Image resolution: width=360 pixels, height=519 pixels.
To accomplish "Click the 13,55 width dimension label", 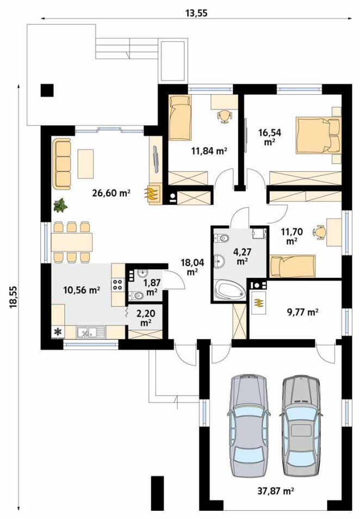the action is click(x=196, y=13).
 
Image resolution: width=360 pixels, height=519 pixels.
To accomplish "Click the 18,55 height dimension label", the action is click(x=13, y=297).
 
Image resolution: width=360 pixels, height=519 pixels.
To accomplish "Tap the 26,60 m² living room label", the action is click(x=111, y=193).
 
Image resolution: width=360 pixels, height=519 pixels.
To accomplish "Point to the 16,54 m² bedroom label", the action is click(x=270, y=137).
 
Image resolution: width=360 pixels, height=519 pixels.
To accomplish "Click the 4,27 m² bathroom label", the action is click(x=243, y=256).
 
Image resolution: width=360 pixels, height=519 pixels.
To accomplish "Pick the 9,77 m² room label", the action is click(x=303, y=312).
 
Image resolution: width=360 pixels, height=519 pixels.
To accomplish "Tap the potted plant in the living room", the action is click(x=60, y=205).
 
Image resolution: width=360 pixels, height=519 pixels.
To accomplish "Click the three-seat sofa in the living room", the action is click(x=61, y=164).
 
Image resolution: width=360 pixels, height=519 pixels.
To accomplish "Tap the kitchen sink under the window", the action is click(x=90, y=332).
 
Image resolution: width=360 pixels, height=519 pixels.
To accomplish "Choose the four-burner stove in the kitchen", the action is click(x=118, y=285).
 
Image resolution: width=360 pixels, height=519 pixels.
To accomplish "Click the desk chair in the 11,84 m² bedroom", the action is click(x=224, y=116).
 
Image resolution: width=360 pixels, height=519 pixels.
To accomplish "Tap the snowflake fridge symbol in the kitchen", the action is click(x=58, y=332).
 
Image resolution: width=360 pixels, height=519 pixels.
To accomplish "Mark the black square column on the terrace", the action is click(x=47, y=90).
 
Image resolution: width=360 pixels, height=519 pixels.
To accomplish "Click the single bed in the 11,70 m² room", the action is click(x=293, y=266).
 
